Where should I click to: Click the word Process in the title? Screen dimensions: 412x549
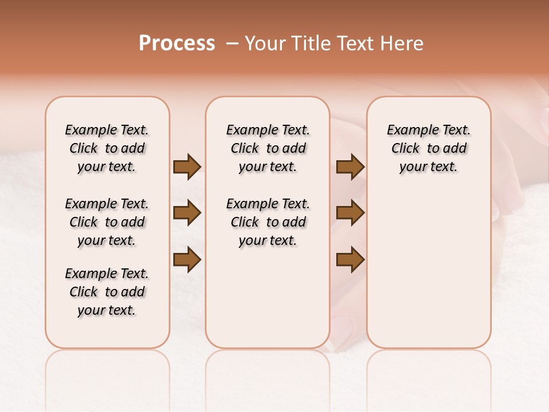click(177, 43)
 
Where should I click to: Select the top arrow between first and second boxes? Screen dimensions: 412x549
click(187, 167)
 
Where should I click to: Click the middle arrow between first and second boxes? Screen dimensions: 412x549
click(187, 213)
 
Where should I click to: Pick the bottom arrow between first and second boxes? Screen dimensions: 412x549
click(187, 259)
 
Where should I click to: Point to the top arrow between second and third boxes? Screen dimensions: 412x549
click(350, 167)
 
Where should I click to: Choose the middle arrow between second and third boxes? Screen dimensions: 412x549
click(350, 213)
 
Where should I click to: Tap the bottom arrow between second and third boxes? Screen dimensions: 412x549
click(350, 259)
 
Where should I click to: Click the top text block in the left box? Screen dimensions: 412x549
click(107, 148)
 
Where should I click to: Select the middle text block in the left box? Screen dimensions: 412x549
click(107, 222)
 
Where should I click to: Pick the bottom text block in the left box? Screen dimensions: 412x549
click(107, 292)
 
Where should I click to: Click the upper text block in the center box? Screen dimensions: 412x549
click(268, 148)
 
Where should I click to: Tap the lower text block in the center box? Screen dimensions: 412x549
click(268, 222)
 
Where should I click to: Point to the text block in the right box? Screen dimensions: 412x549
click(429, 148)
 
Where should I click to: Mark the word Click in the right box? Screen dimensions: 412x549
click(405, 149)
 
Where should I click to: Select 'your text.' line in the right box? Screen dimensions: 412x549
click(429, 167)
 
